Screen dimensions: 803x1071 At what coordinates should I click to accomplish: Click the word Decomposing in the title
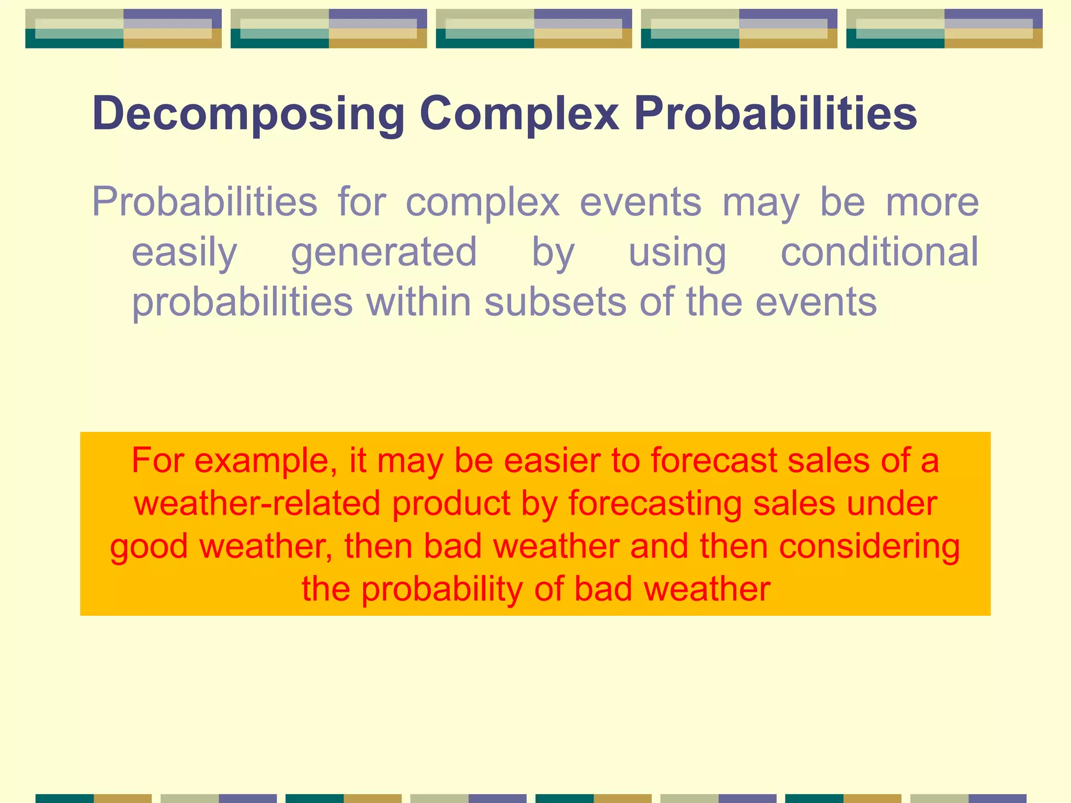tap(248, 114)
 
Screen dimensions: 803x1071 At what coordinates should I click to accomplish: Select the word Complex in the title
tap(519, 114)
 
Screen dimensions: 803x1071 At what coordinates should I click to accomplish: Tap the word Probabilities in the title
tap(776, 114)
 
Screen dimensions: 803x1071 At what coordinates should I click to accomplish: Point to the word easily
tap(184, 253)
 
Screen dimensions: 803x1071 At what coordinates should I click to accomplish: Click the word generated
tap(384, 253)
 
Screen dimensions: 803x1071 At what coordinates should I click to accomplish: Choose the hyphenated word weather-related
tap(257, 503)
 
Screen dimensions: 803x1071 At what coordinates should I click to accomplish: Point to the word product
tap(451, 504)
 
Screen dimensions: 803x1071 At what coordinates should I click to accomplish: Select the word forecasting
tap(655, 504)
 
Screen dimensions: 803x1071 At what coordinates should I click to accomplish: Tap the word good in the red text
tap(149, 547)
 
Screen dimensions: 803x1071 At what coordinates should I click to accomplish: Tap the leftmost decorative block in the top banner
tap(123, 29)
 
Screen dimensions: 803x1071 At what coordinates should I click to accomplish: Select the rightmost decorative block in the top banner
tap(944, 29)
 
